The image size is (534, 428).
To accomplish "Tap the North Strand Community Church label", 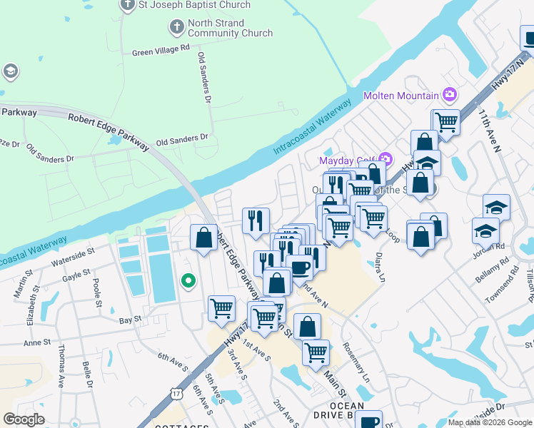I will [x=230, y=29].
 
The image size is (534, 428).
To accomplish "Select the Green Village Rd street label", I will [x=161, y=51].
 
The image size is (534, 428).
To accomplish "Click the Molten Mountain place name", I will [x=400, y=96].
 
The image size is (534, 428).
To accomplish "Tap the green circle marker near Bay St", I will [x=188, y=281].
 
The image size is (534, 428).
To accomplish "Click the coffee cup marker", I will [x=300, y=267].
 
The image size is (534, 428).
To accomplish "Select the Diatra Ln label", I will [x=381, y=267].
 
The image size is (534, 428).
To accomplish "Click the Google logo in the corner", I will [x=24, y=419].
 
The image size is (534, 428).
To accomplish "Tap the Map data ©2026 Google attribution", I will [x=489, y=422].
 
